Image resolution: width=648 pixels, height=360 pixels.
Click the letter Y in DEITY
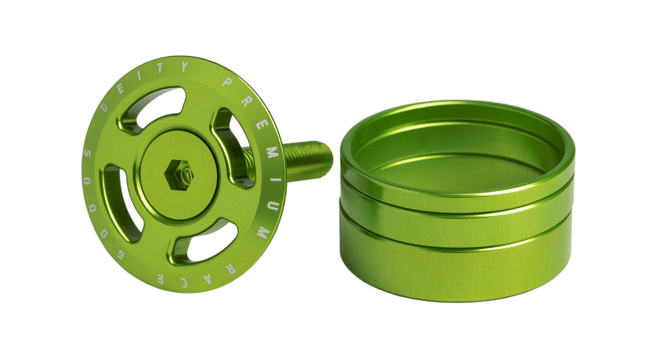click(184, 67)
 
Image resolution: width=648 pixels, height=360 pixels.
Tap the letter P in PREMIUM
click(227, 82)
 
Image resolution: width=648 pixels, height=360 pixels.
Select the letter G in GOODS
click(120, 255)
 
